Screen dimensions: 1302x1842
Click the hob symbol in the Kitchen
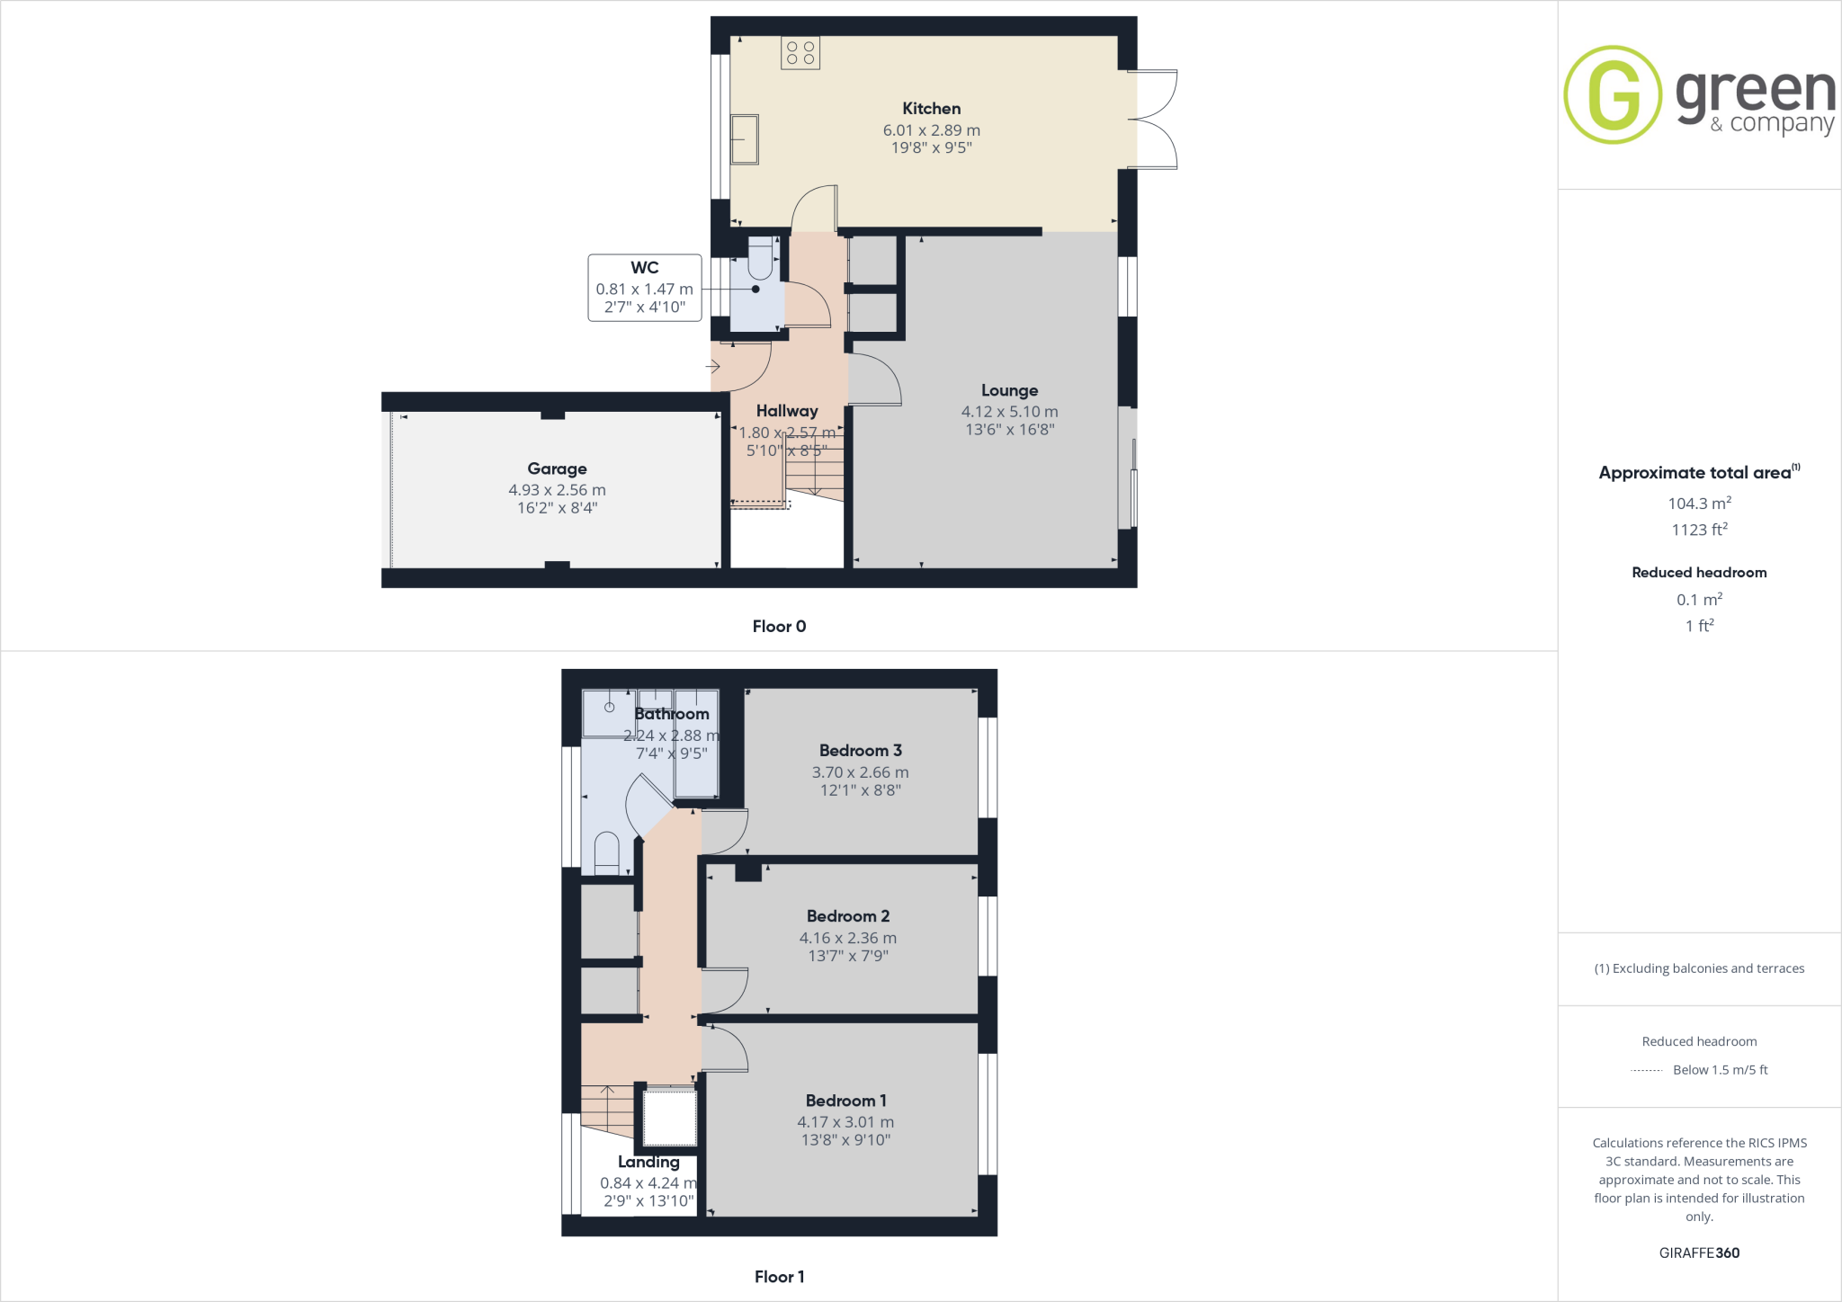pyautogui.click(x=800, y=53)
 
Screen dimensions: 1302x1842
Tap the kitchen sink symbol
pyautogui.click(x=744, y=139)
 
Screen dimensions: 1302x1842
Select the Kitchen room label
pyautogui.click(x=931, y=109)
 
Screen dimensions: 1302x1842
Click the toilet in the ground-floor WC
pyautogui.click(x=760, y=260)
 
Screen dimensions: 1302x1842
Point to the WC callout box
pyautogui.click(x=644, y=288)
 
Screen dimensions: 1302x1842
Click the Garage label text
pyautogui.click(x=557, y=468)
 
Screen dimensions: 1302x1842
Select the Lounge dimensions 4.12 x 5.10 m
pyautogui.click(x=1009, y=412)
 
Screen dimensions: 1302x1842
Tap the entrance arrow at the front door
pyautogui.click(x=713, y=367)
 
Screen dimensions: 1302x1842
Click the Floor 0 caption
pyautogui.click(x=779, y=627)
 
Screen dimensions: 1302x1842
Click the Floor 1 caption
pyautogui.click(x=779, y=1277)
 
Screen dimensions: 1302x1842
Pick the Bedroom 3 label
pyautogui.click(x=860, y=751)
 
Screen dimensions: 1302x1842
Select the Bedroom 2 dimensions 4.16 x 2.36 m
pyautogui.click(x=847, y=938)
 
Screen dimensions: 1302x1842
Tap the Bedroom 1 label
pyautogui.click(x=845, y=1101)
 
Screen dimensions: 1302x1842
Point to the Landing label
pyautogui.click(x=648, y=1162)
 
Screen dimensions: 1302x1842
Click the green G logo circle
pyautogui.click(x=1613, y=94)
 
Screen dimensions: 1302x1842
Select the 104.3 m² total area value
pyautogui.click(x=1699, y=504)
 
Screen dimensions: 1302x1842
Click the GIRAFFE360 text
pyautogui.click(x=1699, y=1253)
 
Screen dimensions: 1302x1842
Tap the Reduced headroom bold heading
pyautogui.click(x=1699, y=573)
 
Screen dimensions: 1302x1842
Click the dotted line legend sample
pyautogui.click(x=1646, y=1070)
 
